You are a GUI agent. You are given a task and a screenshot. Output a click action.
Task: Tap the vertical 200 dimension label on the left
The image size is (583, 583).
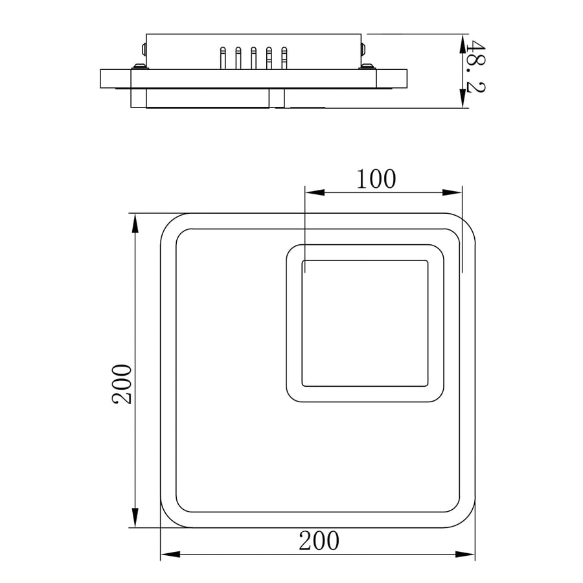point(122,383)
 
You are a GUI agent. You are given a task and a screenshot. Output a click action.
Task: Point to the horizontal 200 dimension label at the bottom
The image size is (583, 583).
point(319,540)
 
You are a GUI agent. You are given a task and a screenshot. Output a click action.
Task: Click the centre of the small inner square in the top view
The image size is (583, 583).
point(365,323)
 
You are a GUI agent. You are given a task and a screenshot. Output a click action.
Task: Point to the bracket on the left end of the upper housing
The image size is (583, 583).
point(143,49)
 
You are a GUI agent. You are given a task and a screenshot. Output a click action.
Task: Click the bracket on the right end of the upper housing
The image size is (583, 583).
point(363,49)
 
